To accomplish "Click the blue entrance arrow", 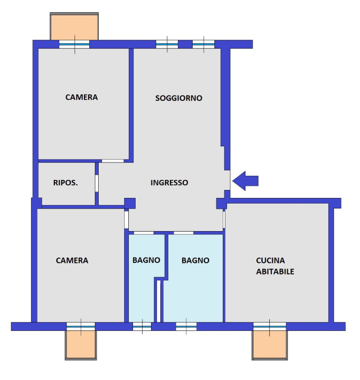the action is point(245,181).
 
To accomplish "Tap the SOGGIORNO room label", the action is point(178,98).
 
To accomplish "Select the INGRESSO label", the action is point(169,183).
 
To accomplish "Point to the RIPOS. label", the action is point(65,183).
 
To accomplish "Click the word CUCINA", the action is point(270,260).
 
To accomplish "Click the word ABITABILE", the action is point(275,271).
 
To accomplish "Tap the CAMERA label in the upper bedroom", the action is point(81,97).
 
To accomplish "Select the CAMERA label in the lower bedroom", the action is point(72,260).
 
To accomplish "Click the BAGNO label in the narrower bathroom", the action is point(146,260).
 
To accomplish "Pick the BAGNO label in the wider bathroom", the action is point(195,260).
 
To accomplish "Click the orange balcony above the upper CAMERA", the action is point(74,27).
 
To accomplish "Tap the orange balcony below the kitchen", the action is point(270,345).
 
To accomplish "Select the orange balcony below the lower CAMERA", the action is point(81,345).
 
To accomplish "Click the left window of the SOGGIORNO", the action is point(167,44).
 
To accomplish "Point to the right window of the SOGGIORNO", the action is point(203,44).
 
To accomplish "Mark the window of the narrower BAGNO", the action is point(142,327).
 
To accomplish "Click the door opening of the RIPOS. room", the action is point(97,183).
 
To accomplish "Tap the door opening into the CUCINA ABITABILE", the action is point(224,220).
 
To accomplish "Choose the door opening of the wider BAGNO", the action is point(184,233).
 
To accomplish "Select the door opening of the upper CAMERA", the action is point(112,161).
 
